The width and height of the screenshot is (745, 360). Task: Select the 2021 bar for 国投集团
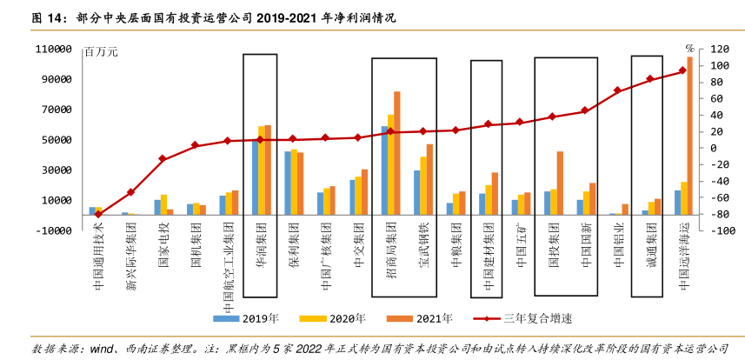(560, 183)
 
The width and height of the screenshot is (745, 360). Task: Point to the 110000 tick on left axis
(54, 50)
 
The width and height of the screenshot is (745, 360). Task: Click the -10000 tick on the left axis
(54, 230)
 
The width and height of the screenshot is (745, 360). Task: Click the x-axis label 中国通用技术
(97, 251)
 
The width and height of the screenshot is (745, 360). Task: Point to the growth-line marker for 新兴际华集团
(130, 192)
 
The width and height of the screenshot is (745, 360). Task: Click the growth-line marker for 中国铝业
(617, 90)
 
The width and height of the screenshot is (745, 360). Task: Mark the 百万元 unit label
(101, 52)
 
